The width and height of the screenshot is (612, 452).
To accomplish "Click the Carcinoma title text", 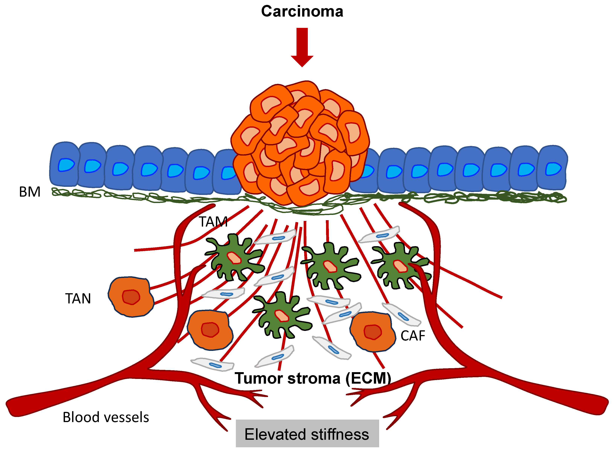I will pyautogui.click(x=302, y=11).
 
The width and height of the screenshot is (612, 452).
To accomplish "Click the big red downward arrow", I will pyautogui.click(x=302, y=47).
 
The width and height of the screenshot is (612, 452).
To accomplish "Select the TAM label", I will pyautogui.click(x=213, y=222).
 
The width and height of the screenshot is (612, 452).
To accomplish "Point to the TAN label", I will pyautogui.click(x=78, y=299).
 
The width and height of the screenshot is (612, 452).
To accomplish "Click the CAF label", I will pyautogui.click(x=413, y=336).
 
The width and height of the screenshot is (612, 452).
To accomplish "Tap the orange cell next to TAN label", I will pyautogui.click(x=131, y=297).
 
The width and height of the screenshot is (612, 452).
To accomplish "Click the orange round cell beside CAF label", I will pyautogui.click(x=372, y=332).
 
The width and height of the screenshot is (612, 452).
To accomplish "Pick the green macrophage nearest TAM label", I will pyautogui.click(x=234, y=257).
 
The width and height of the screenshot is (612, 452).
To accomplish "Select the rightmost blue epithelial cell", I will pyautogui.click(x=552, y=167).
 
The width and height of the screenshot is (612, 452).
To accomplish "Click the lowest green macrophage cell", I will pyautogui.click(x=282, y=315).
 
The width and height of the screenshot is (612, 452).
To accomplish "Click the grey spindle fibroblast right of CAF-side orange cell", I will pyautogui.click(x=401, y=315).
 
